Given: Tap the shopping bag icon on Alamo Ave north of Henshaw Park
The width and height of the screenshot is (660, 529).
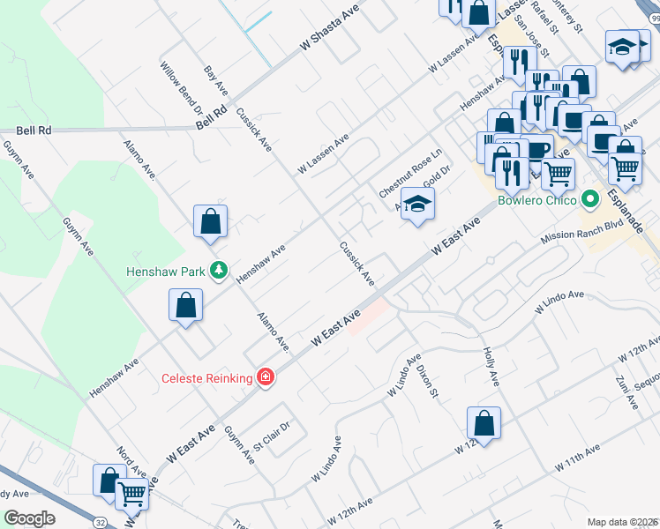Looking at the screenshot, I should (x=210, y=222).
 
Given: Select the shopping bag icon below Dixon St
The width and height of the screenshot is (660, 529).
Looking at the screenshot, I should (x=484, y=422).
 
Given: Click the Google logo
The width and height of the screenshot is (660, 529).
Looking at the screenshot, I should (x=29, y=518).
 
